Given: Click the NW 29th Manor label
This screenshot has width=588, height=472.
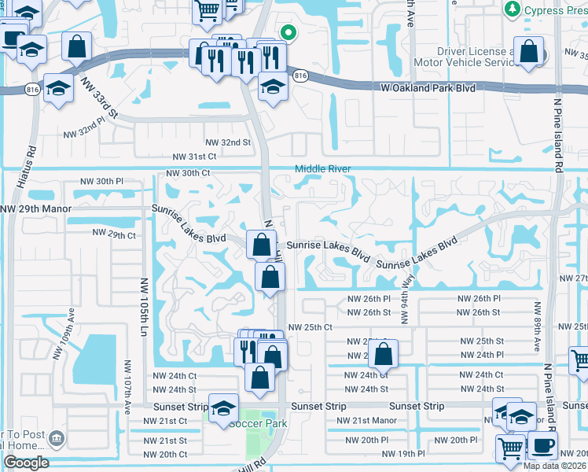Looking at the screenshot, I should (35, 209).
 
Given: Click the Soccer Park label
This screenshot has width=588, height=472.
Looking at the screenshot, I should (258, 423).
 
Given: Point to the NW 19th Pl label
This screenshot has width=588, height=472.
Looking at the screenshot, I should (403, 454).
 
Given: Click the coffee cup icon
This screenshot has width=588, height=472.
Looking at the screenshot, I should (541, 445).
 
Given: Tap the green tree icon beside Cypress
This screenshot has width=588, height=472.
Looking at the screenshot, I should (513, 9).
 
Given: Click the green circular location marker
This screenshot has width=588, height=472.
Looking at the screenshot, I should (288, 33).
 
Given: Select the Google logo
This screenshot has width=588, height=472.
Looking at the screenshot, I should (26, 463).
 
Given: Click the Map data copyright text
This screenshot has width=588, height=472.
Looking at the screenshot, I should (553, 466).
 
